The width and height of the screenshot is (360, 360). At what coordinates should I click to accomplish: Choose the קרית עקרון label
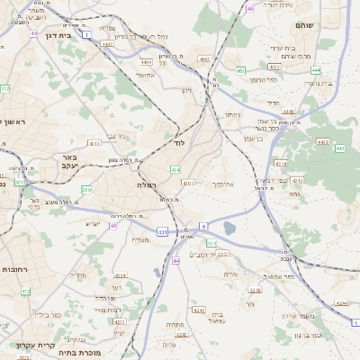[35, 344]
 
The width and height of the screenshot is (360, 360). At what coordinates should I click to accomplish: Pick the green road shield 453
[239, 70]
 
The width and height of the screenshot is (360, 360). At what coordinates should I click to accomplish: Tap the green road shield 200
[85, 190]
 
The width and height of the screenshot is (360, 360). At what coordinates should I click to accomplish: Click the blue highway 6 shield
[203, 227]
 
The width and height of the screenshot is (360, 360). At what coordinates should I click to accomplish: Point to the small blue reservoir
[229, 229]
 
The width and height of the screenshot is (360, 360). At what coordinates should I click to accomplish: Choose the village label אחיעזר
[147, 75]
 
